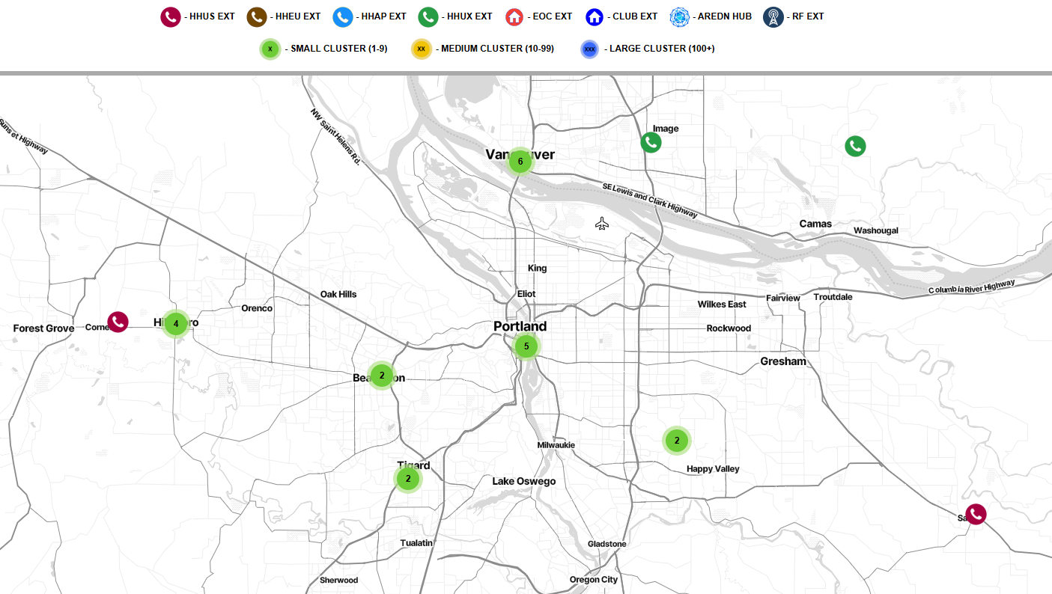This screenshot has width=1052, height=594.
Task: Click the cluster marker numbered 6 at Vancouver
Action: point(520,162)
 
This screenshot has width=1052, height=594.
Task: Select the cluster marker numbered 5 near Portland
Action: point(526,346)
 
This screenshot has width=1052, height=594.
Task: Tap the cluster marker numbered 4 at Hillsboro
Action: point(176,324)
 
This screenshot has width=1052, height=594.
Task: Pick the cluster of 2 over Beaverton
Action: point(382,375)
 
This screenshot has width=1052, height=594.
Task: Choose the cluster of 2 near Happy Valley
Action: point(677,441)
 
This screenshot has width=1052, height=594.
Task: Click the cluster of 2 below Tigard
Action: point(408,479)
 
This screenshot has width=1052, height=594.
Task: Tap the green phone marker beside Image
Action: point(651,142)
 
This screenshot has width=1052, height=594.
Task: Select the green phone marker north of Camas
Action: point(855,146)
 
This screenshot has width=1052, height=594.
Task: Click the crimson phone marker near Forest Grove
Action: point(118,322)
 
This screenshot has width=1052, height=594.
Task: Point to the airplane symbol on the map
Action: point(602,224)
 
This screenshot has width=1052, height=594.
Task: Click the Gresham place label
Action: point(783,361)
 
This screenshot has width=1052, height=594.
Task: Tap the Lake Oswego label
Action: point(524,481)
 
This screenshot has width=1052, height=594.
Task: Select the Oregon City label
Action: point(594,580)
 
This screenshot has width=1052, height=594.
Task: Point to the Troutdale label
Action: point(833,297)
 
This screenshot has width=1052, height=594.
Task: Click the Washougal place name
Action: point(875,230)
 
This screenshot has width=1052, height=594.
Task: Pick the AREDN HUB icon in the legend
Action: point(680,16)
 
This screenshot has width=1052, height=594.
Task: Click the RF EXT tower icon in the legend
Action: point(773,16)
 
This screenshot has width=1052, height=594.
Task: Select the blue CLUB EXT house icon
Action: point(595,16)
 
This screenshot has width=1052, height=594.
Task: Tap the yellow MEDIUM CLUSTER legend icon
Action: point(421,49)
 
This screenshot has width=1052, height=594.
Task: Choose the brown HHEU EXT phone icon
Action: point(257,16)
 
